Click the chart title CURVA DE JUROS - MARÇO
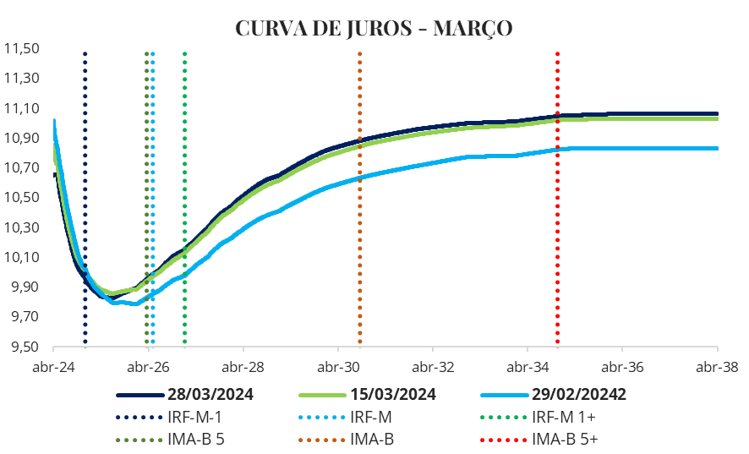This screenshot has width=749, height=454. (x=374, y=28)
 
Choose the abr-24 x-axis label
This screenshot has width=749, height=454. (x=52, y=368)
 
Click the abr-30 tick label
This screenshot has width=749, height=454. (x=337, y=368)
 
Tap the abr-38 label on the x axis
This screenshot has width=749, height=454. (x=717, y=368)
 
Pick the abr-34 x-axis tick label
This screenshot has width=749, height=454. (x=527, y=368)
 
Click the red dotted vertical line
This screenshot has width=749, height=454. (x=557, y=211)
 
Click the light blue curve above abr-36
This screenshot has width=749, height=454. (x=622, y=148)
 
